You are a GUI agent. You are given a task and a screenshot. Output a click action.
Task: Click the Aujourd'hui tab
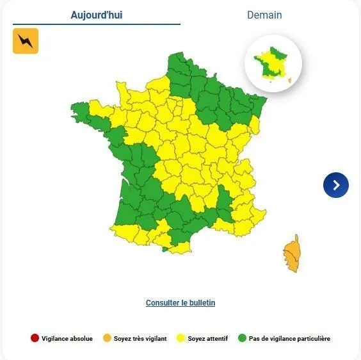(97, 15)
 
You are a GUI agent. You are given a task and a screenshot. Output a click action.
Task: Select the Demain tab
(264, 15)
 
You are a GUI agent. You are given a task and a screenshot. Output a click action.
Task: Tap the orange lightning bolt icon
(26, 41)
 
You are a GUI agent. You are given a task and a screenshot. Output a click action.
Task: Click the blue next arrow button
(336, 185)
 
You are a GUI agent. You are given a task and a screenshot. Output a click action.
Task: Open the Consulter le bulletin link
(180, 303)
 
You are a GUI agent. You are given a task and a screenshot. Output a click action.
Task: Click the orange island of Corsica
(291, 254)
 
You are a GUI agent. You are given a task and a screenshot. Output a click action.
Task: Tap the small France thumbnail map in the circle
(273, 63)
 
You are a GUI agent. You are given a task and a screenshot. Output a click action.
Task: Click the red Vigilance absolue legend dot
(35, 338)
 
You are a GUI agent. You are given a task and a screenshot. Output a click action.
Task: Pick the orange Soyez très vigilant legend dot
(107, 338)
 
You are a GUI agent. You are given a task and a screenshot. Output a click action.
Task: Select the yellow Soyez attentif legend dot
(180, 338)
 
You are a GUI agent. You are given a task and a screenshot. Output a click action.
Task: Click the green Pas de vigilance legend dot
(242, 338)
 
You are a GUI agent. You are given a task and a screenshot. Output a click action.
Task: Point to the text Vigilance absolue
(67, 339)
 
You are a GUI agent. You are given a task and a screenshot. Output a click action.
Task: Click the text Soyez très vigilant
(140, 339)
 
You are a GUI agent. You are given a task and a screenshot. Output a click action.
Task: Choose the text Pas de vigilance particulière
(289, 339)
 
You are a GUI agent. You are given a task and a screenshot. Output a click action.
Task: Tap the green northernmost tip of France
(175, 56)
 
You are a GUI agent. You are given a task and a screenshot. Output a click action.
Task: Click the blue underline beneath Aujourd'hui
(97, 24)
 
